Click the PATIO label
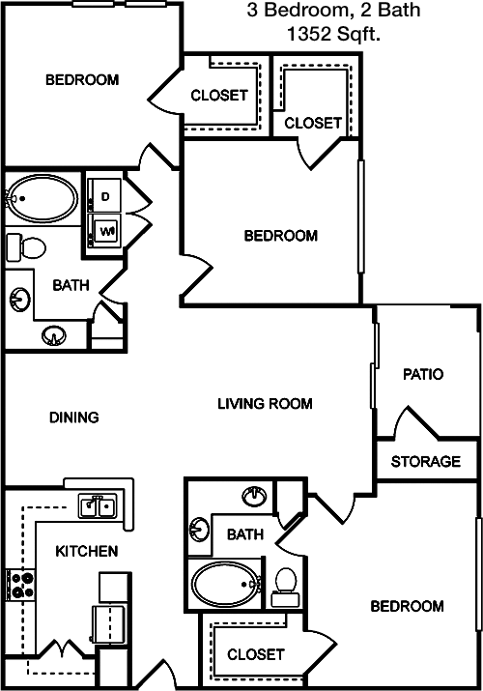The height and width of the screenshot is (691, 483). coord(423,374)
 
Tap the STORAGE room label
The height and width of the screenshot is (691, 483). coord(426,461)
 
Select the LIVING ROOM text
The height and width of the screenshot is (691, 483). coord(265,403)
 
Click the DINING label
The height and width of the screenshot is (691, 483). coord(74,417)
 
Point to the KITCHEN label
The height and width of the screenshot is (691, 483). coord(87,551)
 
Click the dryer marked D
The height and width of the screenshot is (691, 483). coord(104,195)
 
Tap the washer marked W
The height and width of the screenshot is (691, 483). coord(104,230)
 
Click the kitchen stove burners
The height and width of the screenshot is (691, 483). coord(20,585)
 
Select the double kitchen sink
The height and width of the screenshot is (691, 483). coord(98,505)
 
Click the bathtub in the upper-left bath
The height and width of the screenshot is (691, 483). coord(43,198)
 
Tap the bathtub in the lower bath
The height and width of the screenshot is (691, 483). coord(226,585)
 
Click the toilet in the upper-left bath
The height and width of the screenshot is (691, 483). coord(26,247)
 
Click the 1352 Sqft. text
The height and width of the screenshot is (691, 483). coord(333,34)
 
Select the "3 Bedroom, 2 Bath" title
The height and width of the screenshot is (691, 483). coord(333,10)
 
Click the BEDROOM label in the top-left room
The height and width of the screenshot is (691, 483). coord(82,80)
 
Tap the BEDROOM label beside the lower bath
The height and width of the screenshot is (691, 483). coord(407,606)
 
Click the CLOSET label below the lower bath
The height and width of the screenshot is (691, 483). coord(256,654)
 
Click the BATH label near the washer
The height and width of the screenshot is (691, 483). coord(71,285)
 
